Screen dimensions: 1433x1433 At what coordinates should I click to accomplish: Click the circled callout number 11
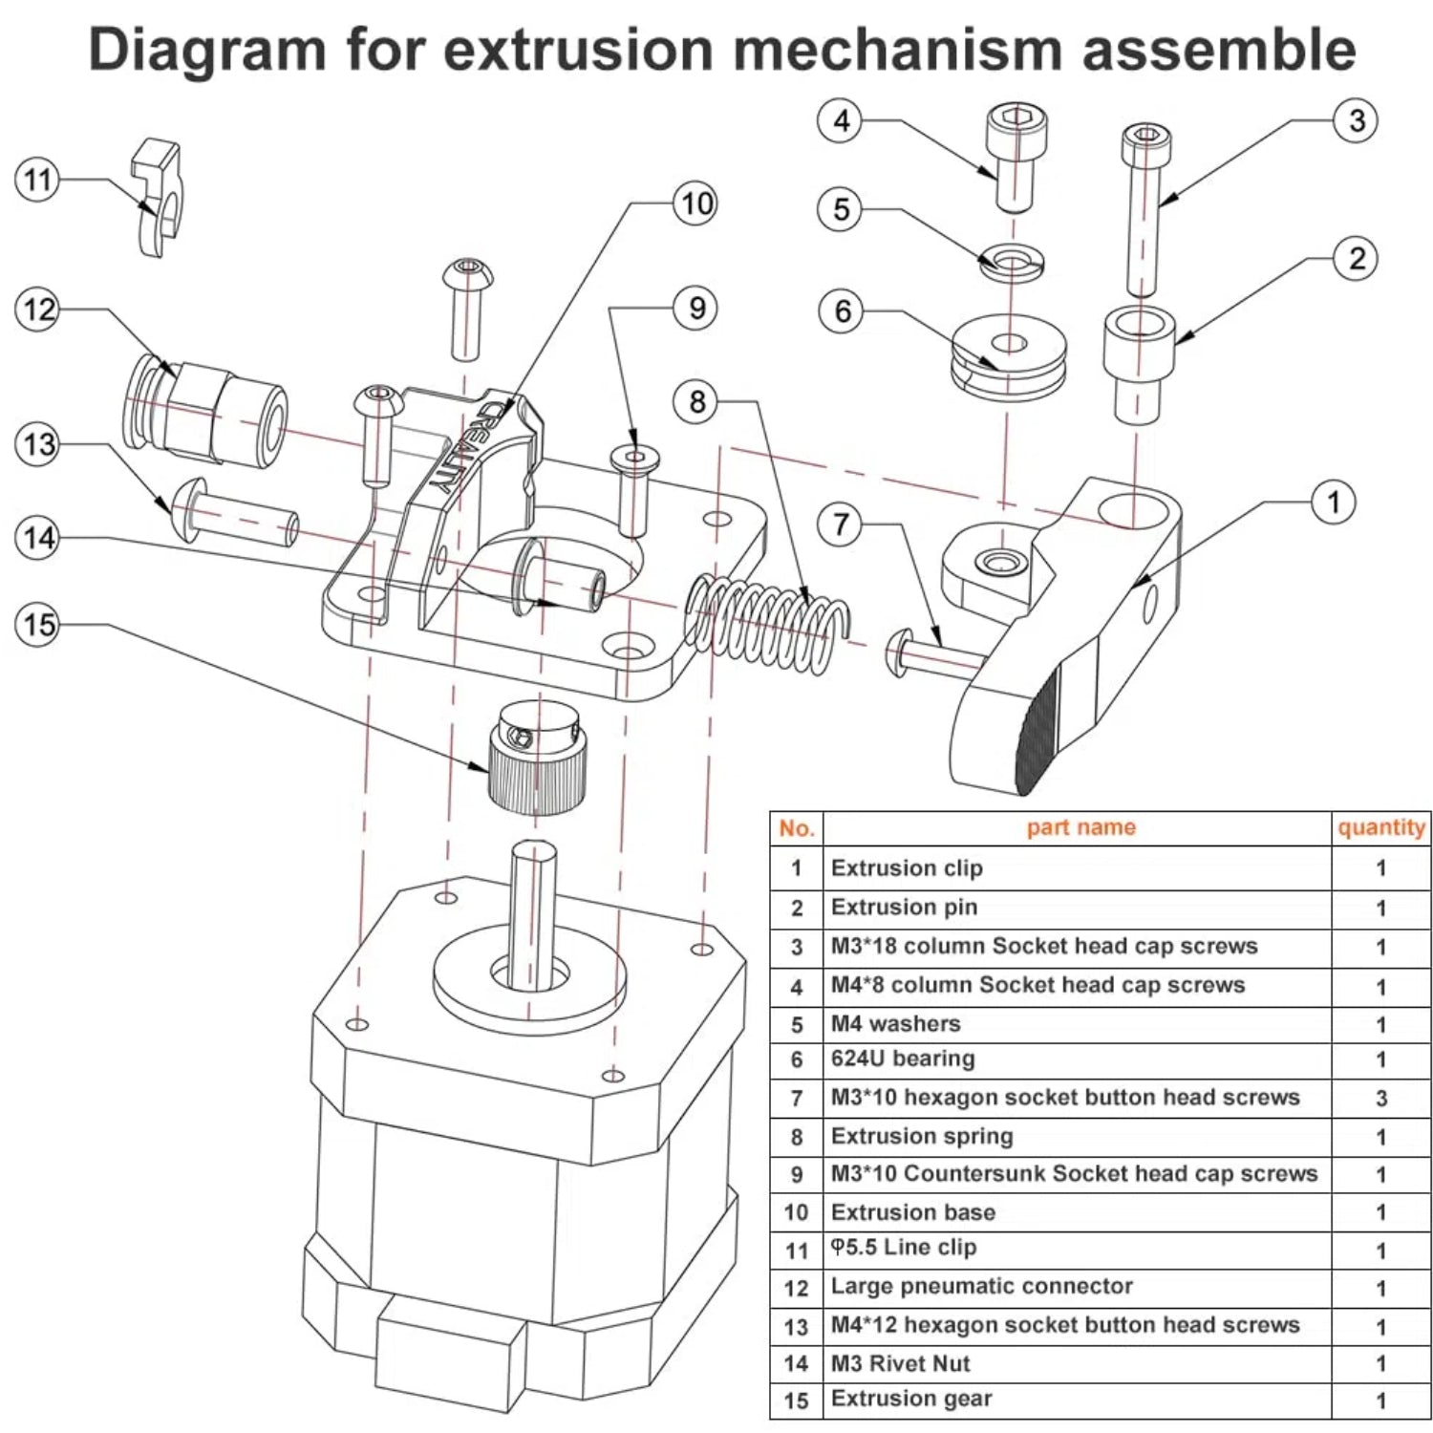(x=37, y=180)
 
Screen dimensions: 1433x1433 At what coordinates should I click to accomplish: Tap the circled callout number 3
(x=1356, y=120)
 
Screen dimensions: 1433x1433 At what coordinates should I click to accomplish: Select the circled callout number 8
(x=697, y=401)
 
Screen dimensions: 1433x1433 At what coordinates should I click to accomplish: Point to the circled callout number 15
(x=38, y=625)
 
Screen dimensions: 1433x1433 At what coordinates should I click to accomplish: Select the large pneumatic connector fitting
(x=206, y=412)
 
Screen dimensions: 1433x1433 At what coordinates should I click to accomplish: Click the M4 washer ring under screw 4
(x=1012, y=260)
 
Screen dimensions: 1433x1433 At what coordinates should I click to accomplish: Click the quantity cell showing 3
(x=1380, y=1099)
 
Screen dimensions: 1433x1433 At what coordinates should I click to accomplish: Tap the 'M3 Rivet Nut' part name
(x=900, y=1363)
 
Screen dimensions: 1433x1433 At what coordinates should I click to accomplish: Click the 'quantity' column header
(x=1381, y=827)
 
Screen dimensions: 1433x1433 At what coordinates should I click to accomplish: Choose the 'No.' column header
(x=797, y=828)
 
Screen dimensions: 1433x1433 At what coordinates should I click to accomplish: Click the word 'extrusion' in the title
(x=578, y=50)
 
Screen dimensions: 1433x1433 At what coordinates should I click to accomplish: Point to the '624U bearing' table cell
(x=903, y=1059)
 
